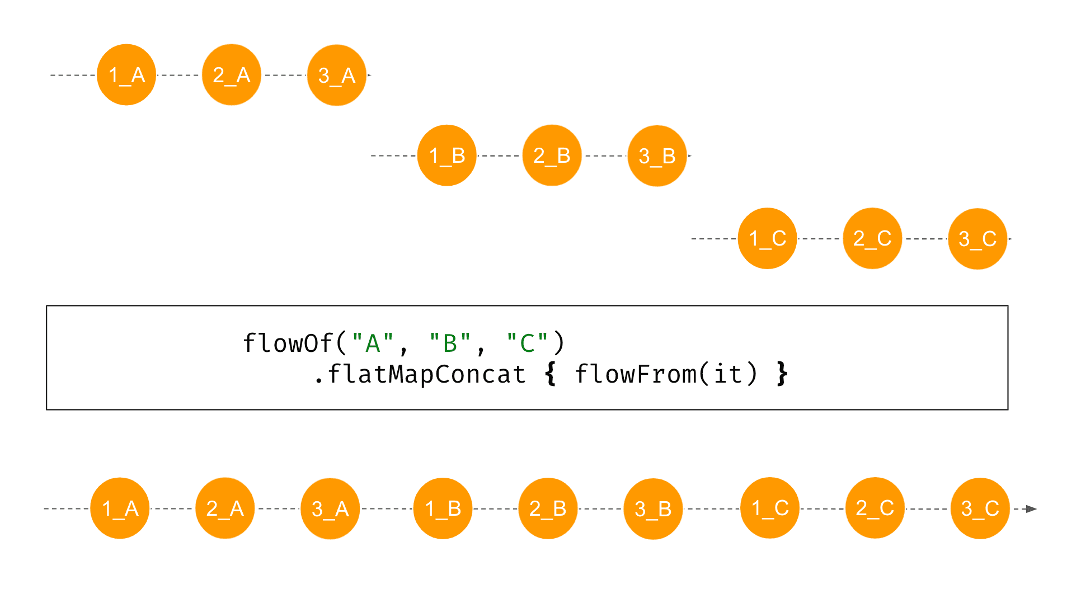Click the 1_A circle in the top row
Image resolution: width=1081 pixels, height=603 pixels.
pyautogui.click(x=126, y=75)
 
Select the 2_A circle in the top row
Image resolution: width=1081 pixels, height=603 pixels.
pyautogui.click(x=232, y=75)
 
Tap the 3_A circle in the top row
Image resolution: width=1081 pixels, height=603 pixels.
pyautogui.click(x=337, y=76)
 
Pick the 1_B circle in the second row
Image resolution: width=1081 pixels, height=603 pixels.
pyautogui.click(x=447, y=156)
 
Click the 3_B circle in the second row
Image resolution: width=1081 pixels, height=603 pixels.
pyautogui.click(x=657, y=156)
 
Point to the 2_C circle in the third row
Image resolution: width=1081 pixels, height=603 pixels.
pyautogui.click(x=872, y=239)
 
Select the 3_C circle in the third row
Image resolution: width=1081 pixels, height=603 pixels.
pyautogui.click(x=977, y=239)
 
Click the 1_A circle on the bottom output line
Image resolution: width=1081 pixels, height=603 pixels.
pyautogui.click(x=120, y=508)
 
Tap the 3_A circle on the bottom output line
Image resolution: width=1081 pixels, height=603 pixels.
pyautogui.click(x=330, y=509)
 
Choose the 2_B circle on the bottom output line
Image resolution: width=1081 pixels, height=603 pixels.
pyautogui.click(x=548, y=508)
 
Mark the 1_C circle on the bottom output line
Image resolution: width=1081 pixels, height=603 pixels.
pyautogui.click(x=770, y=508)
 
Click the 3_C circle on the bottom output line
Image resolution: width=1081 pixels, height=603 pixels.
pyautogui.click(x=980, y=508)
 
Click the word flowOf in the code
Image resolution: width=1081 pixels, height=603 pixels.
pyautogui.click(x=288, y=343)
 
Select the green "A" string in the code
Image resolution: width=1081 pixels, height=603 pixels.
pyautogui.click(x=373, y=343)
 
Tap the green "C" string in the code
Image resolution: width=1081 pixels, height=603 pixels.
pyautogui.click(x=527, y=343)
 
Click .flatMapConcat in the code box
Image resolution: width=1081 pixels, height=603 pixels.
pyautogui.click(x=420, y=374)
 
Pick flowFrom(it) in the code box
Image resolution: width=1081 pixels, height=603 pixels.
pyautogui.click(x=666, y=374)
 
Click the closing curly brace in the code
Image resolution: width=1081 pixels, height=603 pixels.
pyautogui.click(x=782, y=374)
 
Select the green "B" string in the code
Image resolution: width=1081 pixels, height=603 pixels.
pyautogui.click(x=450, y=343)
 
